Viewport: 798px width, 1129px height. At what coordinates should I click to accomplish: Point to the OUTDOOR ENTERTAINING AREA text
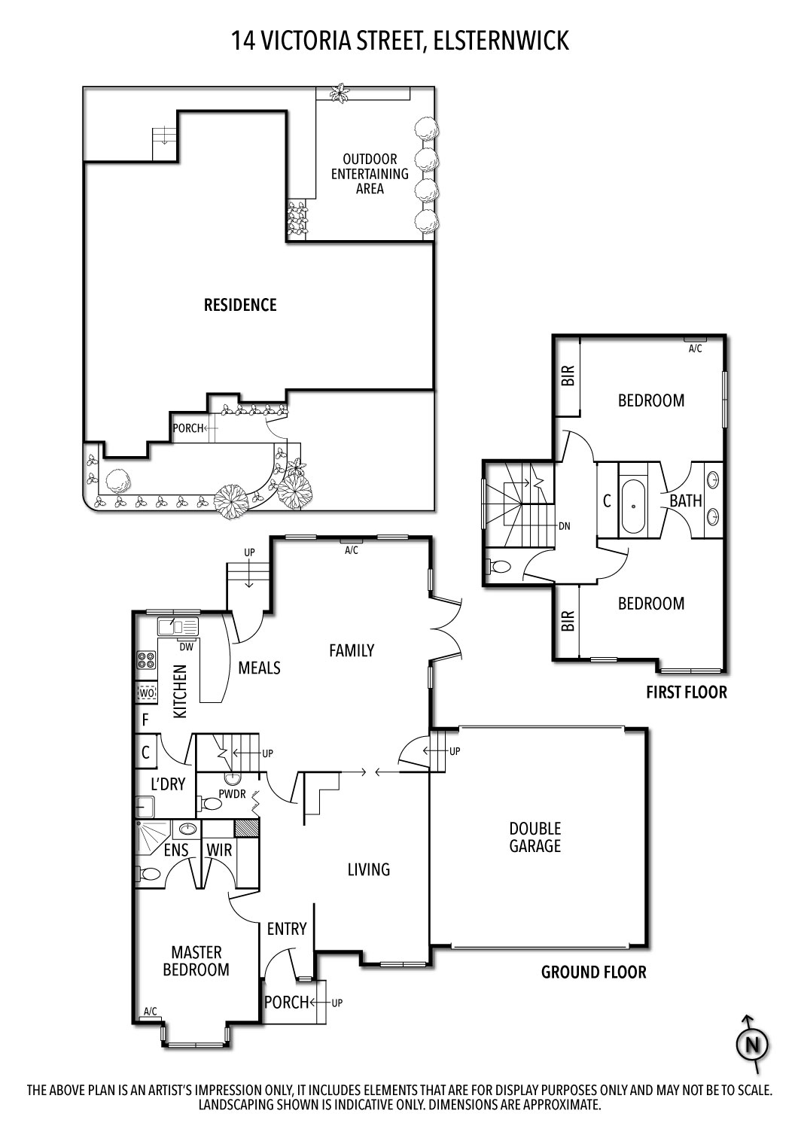[370, 174]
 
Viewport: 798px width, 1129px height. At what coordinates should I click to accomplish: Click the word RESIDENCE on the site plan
[240, 305]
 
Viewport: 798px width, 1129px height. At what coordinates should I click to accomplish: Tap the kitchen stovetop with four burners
[147, 660]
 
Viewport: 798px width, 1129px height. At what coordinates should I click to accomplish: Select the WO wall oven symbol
[147, 693]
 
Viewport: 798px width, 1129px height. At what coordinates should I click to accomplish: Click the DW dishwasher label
[186, 647]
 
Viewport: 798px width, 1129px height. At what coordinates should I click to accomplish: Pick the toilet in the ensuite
[149, 873]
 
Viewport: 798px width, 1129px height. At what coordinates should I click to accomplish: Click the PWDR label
[232, 794]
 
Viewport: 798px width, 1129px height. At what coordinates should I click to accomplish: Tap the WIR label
[219, 851]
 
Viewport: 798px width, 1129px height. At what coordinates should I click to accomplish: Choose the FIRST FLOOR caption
[687, 692]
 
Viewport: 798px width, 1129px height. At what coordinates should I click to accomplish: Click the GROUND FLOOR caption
[593, 972]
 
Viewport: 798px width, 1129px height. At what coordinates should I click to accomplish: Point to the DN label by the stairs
[564, 526]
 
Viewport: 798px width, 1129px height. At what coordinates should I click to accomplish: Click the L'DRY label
[168, 784]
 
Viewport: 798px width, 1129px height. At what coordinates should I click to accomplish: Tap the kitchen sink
[178, 627]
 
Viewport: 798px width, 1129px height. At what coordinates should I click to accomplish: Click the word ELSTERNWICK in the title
[501, 41]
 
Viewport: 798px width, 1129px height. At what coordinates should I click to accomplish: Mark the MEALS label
[259, 668]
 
